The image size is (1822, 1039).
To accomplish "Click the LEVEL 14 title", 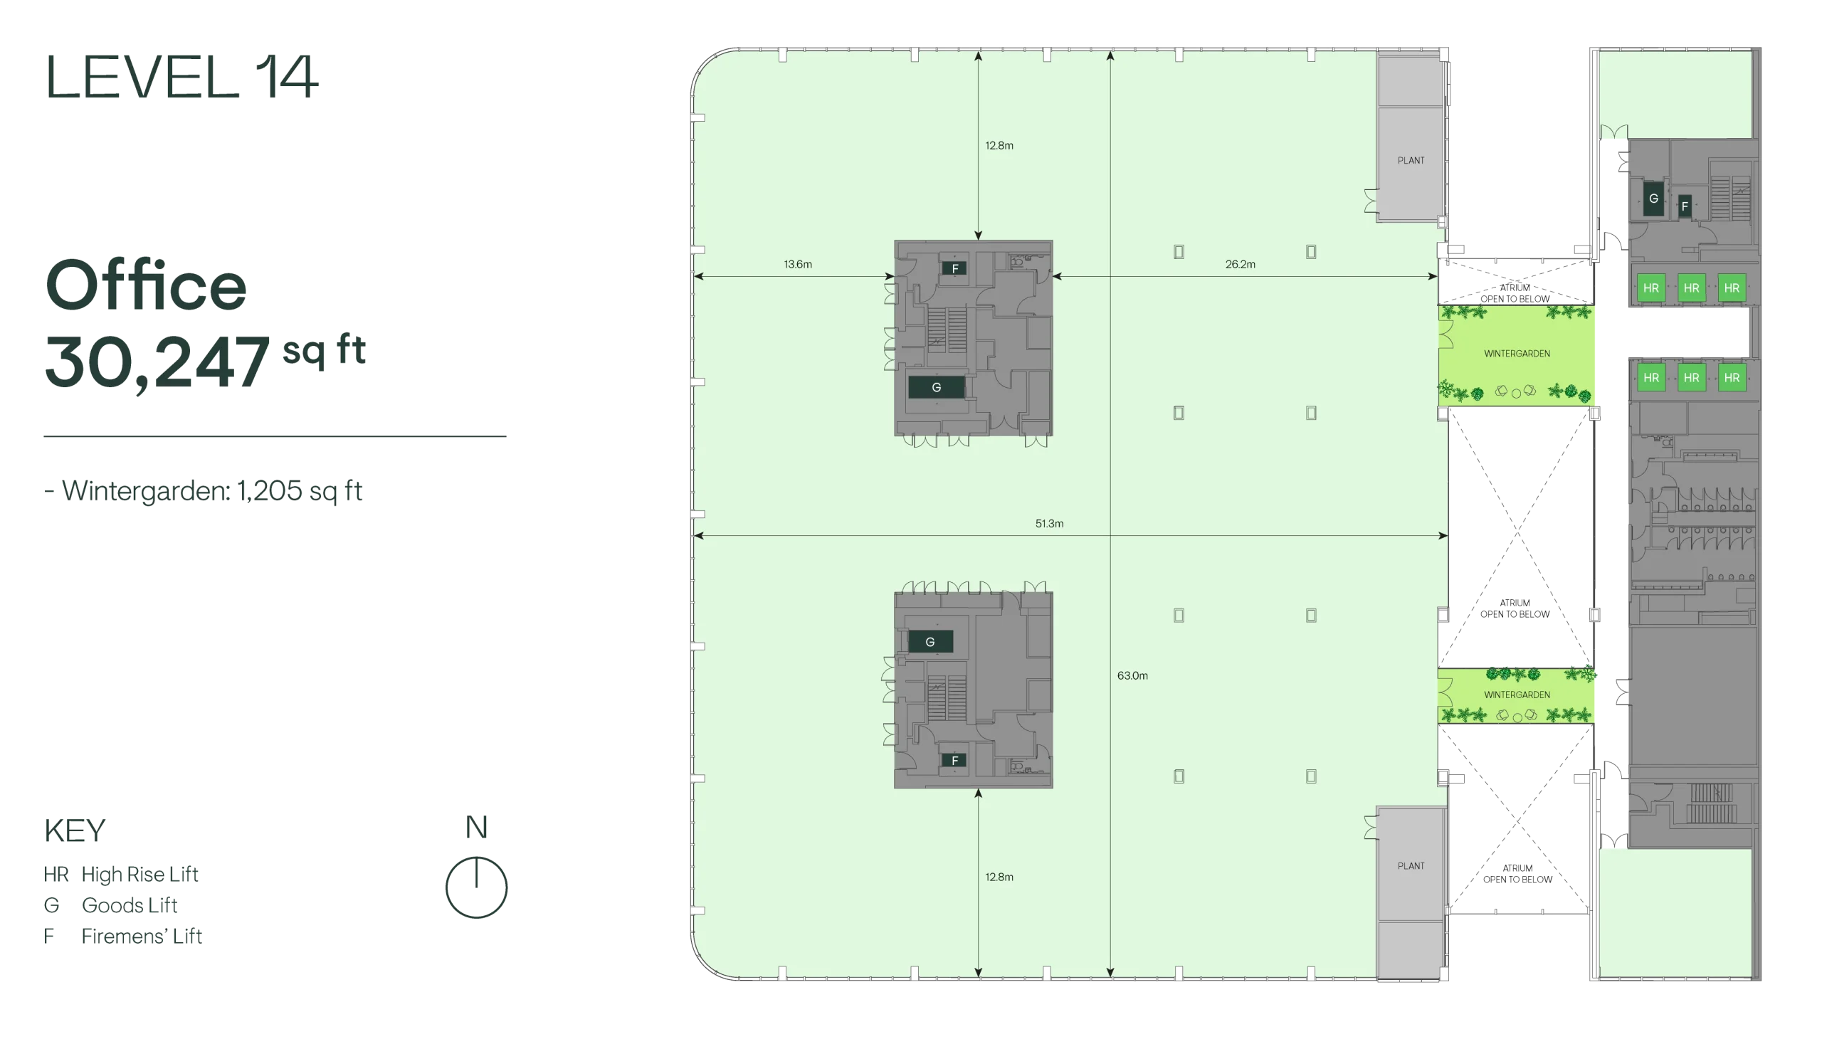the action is coord(181,77).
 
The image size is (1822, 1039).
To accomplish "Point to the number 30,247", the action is coord(157,362).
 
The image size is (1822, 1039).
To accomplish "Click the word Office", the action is coord(146,285).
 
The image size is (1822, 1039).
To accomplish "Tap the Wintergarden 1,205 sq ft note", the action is coord(203,491).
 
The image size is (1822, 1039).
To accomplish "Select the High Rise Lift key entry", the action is coord(120,874).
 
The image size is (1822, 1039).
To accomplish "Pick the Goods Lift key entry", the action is coord(110,904).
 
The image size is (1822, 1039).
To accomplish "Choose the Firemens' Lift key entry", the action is coord(122,936).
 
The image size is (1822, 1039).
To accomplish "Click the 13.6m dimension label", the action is coord(798,264).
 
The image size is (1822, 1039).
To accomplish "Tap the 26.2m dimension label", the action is coord(1241,264).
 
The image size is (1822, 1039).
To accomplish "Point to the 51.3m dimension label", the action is coord(1049,523).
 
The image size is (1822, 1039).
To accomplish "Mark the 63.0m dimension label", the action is coord(1132,675).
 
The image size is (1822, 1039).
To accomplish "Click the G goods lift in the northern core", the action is coord(937,387).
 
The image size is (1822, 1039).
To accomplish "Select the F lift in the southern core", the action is coord(954,761).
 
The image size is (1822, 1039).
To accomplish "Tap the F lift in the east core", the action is coord(1684,206).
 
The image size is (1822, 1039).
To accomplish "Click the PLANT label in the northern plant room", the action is coord(1411,161).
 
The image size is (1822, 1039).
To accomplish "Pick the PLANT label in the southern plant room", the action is coord(1411,865).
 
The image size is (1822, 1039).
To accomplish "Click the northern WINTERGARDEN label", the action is coord(1517,353).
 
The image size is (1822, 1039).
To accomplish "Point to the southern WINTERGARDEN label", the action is coord(1517,695).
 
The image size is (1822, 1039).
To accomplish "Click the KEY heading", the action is coord(75,830).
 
